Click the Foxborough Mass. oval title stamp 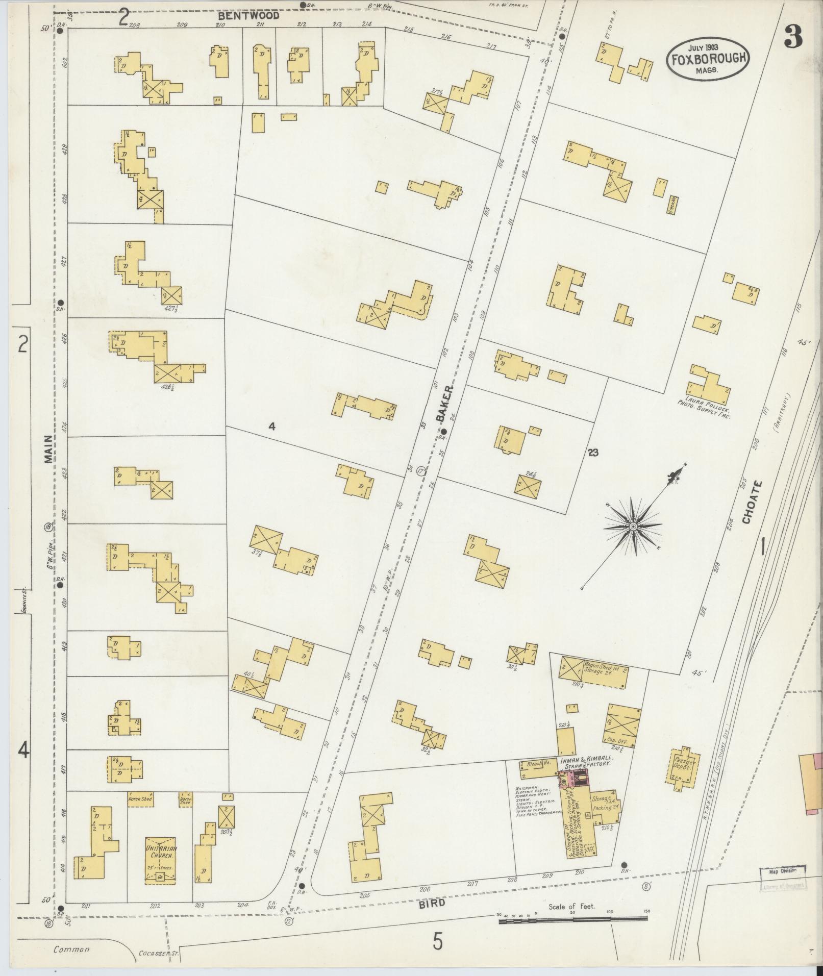(x=707, y=60)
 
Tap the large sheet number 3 (x=793, y=37)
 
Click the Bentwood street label (x=248, y=16)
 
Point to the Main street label (x=48, y=449)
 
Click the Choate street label (x=748, y=503)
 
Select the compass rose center (x=632, y=527)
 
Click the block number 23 (x=592, y=452)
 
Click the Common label (x=72, y=949)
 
